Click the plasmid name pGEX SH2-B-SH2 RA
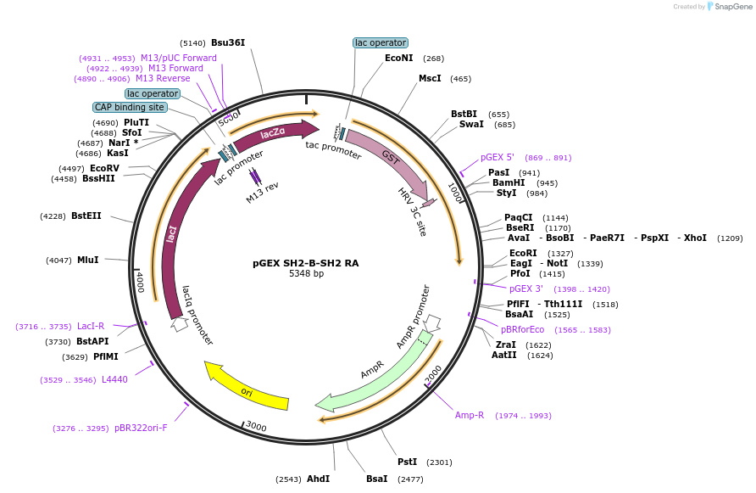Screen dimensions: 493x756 click(306, 262)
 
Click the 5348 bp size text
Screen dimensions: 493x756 click(306, 274)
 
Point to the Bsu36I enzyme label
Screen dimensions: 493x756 click(228, 42)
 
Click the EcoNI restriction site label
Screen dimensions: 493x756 click(398, 59)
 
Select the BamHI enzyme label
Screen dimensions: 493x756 click(509, 182)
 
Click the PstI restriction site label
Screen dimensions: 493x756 click(407, 462)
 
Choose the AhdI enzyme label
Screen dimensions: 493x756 click(318, 479)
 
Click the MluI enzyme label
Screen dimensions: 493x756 click(88, 260)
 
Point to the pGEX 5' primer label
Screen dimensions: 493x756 click(498, 157)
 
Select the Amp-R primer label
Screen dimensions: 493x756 click(470, 415)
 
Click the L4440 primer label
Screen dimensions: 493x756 click(115, 379)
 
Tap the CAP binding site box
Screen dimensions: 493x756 click(130, 108)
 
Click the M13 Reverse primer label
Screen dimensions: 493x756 click(163, 78)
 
